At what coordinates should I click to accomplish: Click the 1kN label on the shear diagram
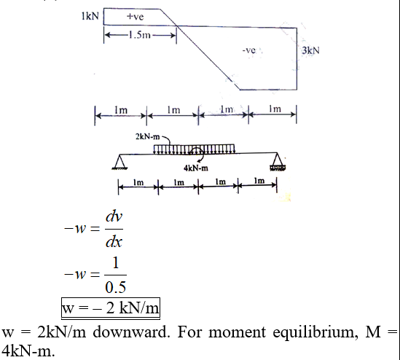[90, 16]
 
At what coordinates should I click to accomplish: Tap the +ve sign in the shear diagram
[136, 17]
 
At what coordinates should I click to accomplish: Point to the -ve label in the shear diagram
[248, 50]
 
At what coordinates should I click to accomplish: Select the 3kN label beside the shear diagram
[310, 50]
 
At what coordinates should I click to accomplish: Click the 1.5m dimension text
[140, 35]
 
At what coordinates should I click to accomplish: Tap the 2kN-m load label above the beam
[147, 137]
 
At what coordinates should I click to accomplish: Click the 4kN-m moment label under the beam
[196, 168]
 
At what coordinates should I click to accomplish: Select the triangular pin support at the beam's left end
[119, 162]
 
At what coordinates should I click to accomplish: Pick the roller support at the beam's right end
[278, 162]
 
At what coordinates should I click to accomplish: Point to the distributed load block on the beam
[194, 149]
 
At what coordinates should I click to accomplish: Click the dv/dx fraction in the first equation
[114, 229]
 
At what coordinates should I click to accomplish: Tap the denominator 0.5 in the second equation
[116, 287]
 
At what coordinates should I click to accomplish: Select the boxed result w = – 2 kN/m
[111, 308]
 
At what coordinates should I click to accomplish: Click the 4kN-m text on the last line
[28, 351]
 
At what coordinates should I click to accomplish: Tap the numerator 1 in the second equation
[116, 263]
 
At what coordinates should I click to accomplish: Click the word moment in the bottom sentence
[237, 333]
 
